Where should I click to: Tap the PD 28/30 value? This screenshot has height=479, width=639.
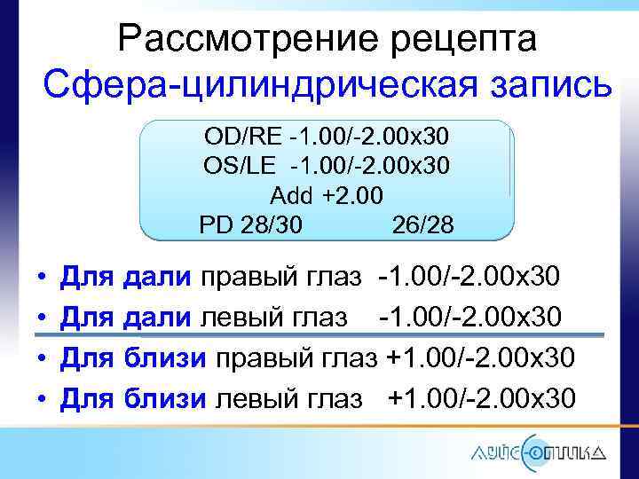click(x=250, y=225)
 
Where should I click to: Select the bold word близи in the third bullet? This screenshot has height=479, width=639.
click(x=169, y=358)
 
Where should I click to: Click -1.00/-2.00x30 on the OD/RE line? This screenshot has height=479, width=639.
click(x=364, y=137)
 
